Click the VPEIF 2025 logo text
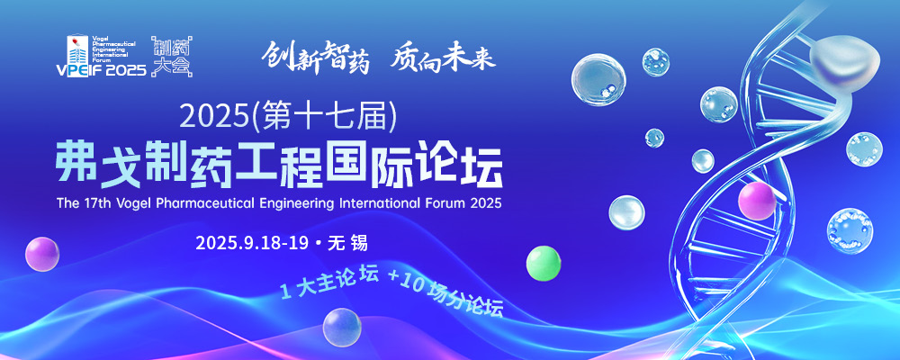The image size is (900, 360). (x=102, y=70)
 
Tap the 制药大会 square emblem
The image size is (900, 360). (x=171, y=57)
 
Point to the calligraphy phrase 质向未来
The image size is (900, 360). (x=443, y=58)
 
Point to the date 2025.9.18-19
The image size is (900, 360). (x=253, y=243)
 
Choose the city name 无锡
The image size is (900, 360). (x=347, y=243)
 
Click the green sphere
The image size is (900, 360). (x=544, y=263)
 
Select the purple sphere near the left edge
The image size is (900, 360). (x=42, y=254)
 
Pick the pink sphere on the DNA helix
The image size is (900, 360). (x=757, y=202)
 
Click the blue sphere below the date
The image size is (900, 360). (x=342, y=328)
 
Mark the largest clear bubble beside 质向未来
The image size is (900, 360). (x=598, y=80)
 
